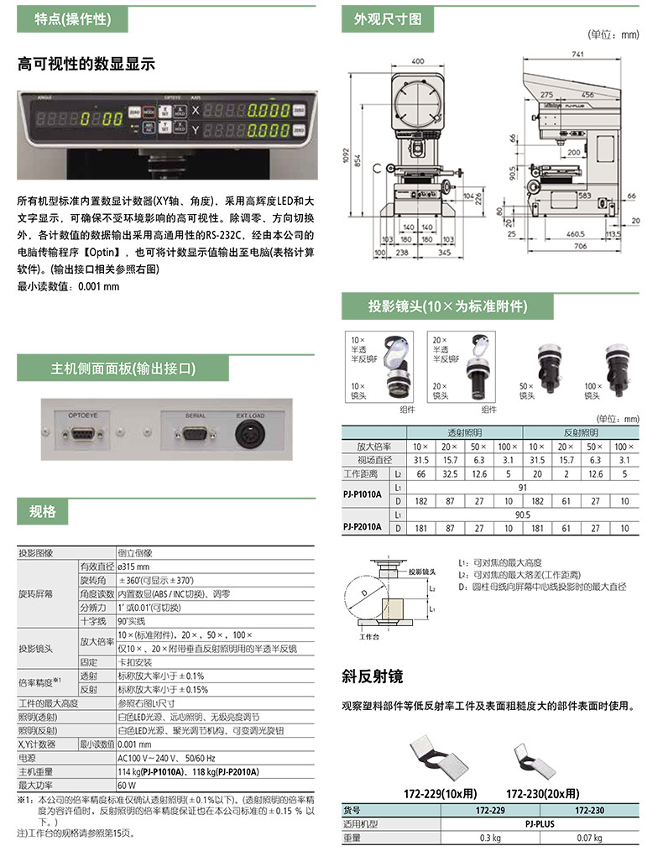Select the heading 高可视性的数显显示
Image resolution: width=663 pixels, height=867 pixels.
click(86, 65)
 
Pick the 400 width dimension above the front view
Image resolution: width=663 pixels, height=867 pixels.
click(417, 61)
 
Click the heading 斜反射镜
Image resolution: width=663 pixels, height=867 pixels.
click(373, 676)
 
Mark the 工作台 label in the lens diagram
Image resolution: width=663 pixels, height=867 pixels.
click(369, 638)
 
